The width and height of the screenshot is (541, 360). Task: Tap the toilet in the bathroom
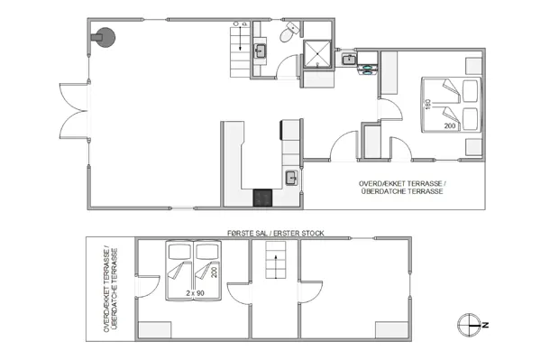click(286, 35)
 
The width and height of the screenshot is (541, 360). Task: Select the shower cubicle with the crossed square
click(318, 54)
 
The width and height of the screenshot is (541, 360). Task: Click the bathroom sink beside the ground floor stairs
click(260, 51)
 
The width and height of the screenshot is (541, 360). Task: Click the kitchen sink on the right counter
click(292, 178)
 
